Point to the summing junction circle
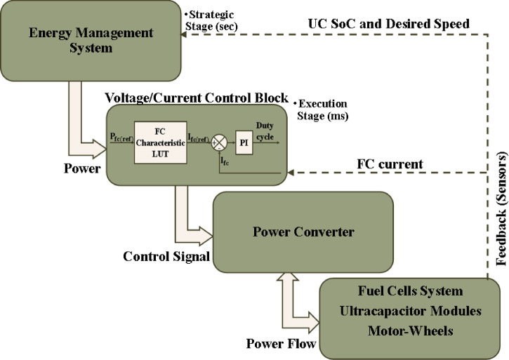pos(219,142)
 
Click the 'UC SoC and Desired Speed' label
pos(390,24)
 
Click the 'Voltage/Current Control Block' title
pos(195,96)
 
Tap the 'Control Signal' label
pos(166,255)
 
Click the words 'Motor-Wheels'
pos(410,328)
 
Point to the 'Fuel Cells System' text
pos(410,290)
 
